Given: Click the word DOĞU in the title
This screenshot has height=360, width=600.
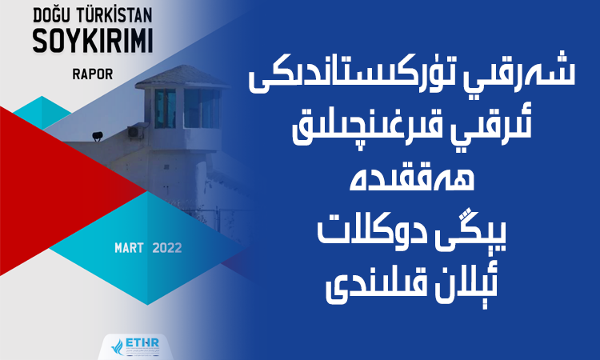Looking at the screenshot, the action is tap(52, 16).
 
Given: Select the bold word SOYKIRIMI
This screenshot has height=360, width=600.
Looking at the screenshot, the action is tap(93, 41).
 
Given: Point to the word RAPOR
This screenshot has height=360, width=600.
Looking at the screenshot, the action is tap(93, 74).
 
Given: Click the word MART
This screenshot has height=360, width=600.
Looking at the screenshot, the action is tap(129, 248).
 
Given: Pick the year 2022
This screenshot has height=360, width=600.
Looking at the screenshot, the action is tap(167, 248).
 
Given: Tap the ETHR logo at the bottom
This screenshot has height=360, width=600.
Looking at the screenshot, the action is tap(136, 346).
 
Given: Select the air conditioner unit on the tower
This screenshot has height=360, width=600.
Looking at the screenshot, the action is tap(134, 132).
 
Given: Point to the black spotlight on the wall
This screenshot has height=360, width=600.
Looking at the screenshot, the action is tap(98, 135).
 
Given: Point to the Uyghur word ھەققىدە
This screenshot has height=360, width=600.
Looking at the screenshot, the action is tap(412, 179).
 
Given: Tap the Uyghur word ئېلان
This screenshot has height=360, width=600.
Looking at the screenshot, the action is tap(466, 285).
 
